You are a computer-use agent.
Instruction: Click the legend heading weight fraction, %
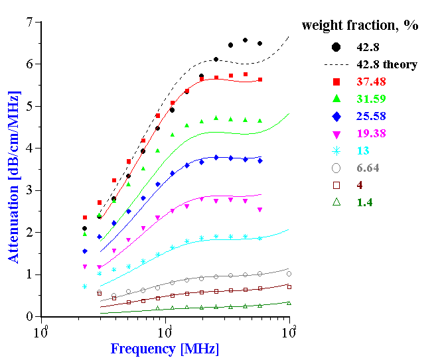[x=360, y=26]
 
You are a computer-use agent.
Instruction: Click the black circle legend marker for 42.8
[x=336, y=46]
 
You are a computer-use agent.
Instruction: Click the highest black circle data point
[x=246, y=40]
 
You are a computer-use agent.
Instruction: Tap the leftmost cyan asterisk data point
[x=85, y=286]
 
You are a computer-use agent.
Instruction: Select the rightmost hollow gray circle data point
[x=289, y=274]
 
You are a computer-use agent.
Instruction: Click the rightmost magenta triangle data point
[x=259, y=210]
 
